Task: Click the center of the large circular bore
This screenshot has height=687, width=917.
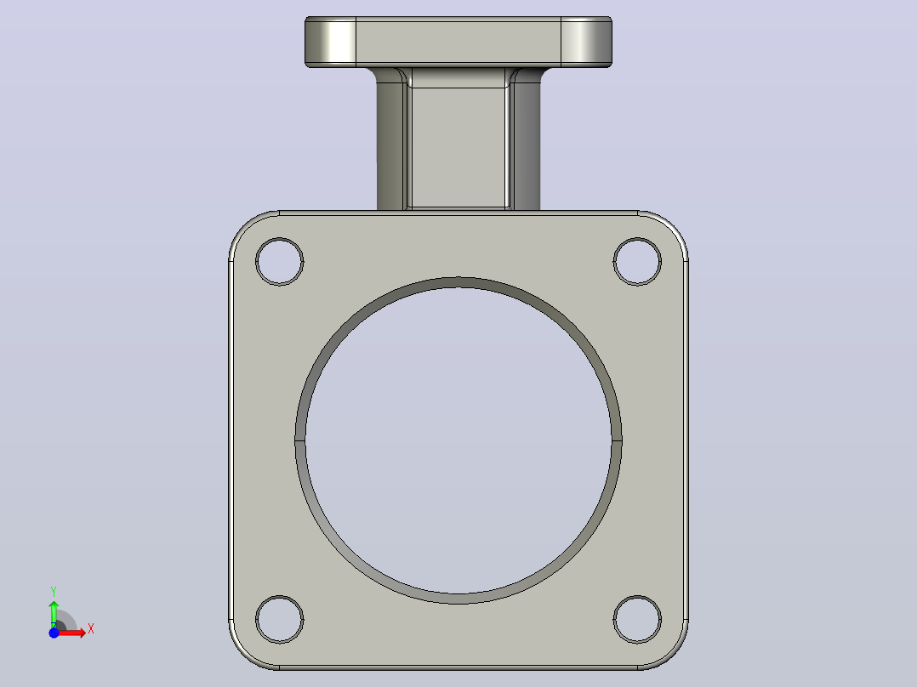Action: coord(458,440)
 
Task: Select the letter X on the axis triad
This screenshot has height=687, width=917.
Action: coord(91,629)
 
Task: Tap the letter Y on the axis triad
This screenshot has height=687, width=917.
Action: coord(54,592)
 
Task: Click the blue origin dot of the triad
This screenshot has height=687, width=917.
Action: coord(54,633)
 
